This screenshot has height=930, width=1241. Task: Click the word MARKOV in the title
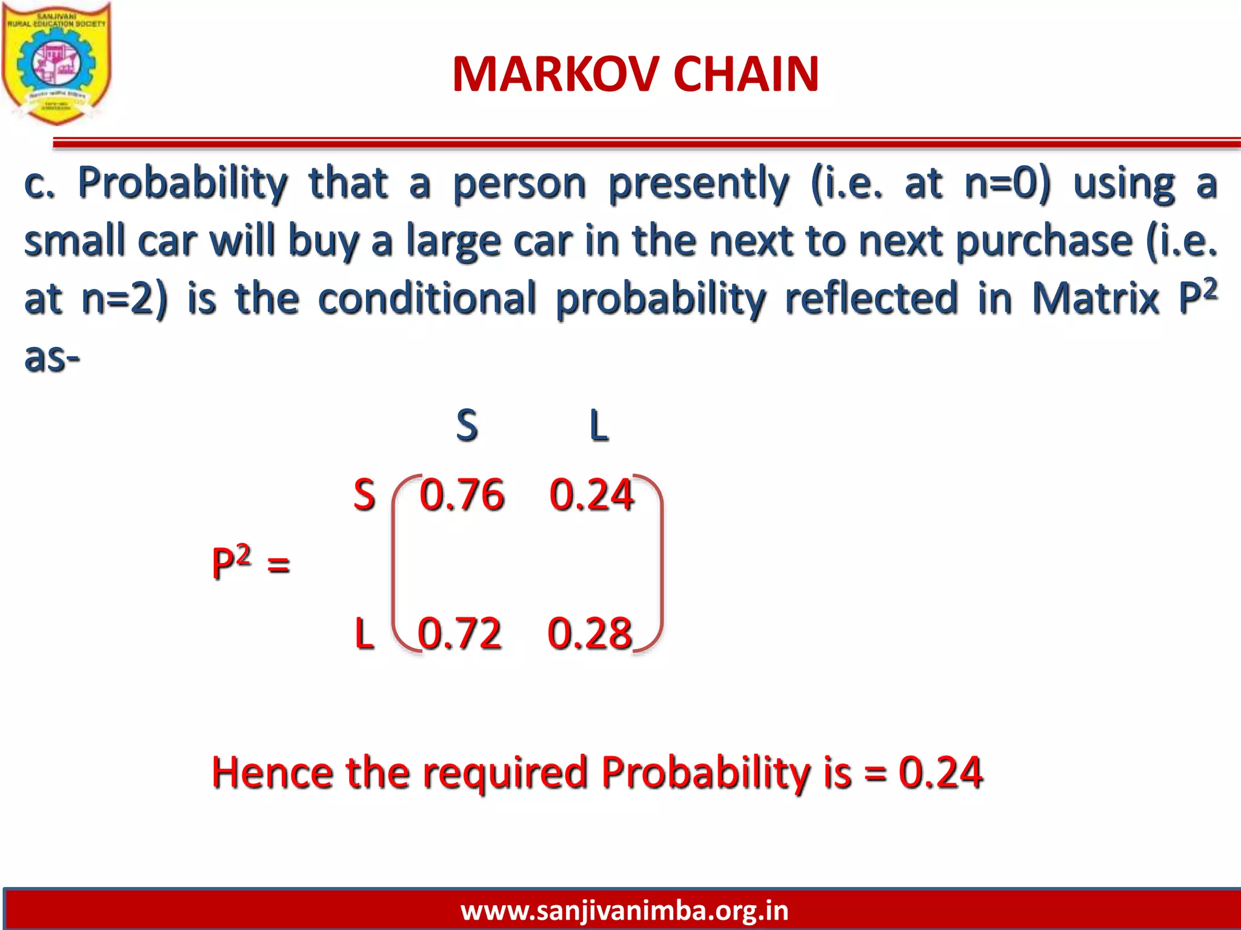coord(555,74)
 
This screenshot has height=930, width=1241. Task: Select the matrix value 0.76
coord(462,495)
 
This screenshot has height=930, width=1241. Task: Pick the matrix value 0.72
coord(459,633)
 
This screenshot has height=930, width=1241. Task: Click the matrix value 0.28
coord(590,633)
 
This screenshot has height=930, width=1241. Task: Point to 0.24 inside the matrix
coord(591,495)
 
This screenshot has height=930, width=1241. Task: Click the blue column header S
coord(467,425)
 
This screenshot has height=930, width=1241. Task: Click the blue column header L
coord(599,425)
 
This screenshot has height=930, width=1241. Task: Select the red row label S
coord(364,495)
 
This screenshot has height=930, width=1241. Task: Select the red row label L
coord(364,633)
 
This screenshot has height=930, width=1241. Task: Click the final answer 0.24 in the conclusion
coord(940,773)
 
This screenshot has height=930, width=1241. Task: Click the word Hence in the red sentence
coord(272,773)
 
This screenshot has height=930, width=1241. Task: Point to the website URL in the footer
coord(624,910)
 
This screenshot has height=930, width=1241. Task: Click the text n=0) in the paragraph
coord(1007,183)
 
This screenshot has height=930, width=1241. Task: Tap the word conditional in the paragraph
coord(427,298)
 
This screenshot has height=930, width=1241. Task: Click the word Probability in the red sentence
coord(706,773)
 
